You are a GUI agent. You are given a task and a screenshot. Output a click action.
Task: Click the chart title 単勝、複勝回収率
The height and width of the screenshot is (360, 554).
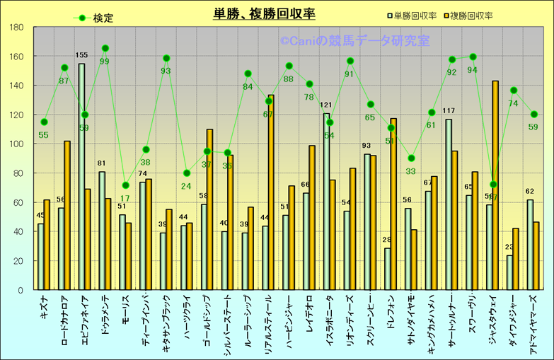[265, 13]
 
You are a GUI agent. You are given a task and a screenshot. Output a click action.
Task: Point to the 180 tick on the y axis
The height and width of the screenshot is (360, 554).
[17, 28]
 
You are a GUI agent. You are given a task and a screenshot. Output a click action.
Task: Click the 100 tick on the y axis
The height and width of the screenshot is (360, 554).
[17, 144]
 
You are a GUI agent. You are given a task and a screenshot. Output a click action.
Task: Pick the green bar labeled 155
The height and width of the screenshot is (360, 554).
[81, 177]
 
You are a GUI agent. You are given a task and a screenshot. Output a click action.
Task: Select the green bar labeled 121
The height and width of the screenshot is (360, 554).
[326, 202]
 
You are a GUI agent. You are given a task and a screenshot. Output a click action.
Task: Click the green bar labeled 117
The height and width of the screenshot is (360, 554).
[449, 204]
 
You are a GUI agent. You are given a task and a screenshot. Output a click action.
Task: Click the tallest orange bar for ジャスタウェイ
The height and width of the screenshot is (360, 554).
[495, 185]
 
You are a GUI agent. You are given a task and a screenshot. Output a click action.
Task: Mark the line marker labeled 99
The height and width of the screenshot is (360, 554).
[105, 49]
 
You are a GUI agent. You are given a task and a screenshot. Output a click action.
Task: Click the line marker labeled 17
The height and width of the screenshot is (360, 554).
[126, 185]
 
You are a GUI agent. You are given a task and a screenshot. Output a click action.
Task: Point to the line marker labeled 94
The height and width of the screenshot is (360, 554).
[473, 57]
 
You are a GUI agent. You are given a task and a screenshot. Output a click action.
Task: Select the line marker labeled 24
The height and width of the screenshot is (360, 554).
[187, 173]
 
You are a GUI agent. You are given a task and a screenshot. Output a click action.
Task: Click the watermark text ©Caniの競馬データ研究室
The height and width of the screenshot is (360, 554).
[354, 42]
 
